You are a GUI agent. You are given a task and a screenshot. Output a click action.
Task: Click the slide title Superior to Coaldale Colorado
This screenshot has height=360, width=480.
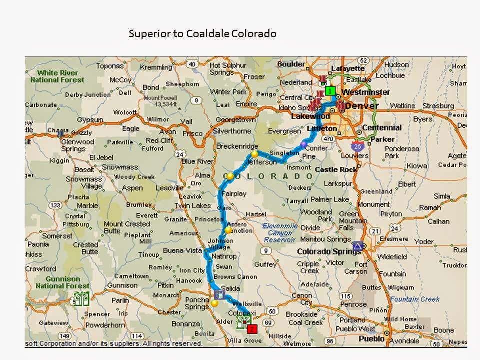(202, 34)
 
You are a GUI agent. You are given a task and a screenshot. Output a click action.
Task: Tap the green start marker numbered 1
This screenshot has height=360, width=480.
(330, 91)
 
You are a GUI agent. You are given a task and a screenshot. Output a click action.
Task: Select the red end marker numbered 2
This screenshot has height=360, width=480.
(252, 329)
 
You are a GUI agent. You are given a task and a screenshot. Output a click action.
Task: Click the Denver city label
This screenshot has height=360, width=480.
(362, 105)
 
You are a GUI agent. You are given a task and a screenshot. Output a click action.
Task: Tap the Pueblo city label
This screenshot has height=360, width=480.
(372, 338)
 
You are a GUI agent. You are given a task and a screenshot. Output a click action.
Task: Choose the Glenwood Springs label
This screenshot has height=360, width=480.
(77, 145)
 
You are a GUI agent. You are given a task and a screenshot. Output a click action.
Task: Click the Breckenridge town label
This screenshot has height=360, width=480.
(237, 146)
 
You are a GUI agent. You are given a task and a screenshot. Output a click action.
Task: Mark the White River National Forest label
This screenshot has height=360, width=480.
(57, 76)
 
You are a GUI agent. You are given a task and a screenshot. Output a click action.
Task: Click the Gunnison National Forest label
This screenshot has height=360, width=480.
(62, 282)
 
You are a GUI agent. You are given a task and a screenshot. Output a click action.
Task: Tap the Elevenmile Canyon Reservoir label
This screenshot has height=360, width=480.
(279, 232)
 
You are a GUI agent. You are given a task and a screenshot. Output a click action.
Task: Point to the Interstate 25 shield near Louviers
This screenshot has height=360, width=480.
(357, 146)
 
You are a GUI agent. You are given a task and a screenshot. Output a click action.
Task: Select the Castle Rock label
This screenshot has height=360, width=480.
(336, 170)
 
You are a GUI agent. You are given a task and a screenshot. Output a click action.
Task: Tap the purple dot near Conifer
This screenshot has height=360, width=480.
(303, 144)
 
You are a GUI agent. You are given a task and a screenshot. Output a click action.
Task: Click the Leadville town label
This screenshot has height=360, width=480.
(170, 188)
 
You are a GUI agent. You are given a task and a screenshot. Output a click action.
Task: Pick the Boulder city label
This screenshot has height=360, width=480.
(291, 64)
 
